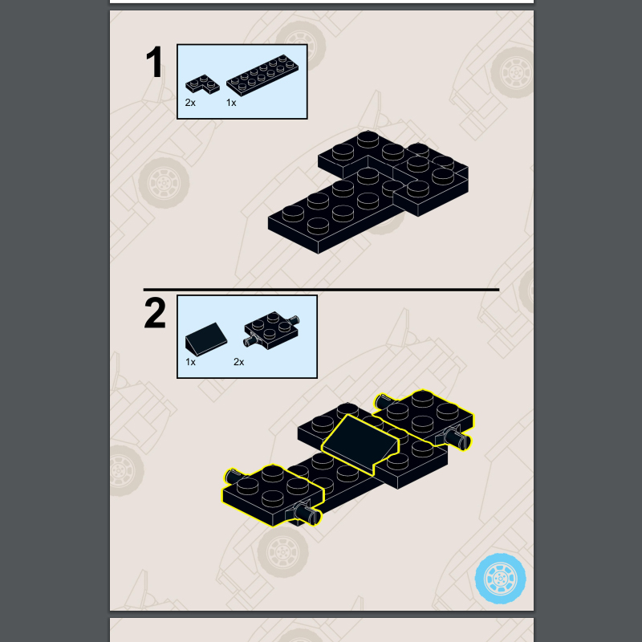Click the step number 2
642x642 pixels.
coord(155,313)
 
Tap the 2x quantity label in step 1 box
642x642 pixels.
coord(190,103)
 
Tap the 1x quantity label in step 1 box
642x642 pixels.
coord(231,103)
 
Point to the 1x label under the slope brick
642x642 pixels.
coord(190,362)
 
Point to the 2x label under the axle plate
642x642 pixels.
coord(238,362)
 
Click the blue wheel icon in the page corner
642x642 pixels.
coord(501,577)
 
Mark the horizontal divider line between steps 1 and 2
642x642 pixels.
coord(321,289)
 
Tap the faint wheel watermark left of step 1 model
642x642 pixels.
coord(164,182)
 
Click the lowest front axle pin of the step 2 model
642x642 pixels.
coord(311,514)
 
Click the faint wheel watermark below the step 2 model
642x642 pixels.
coord(282,551)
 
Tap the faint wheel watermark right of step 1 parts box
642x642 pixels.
coord(512,66)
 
